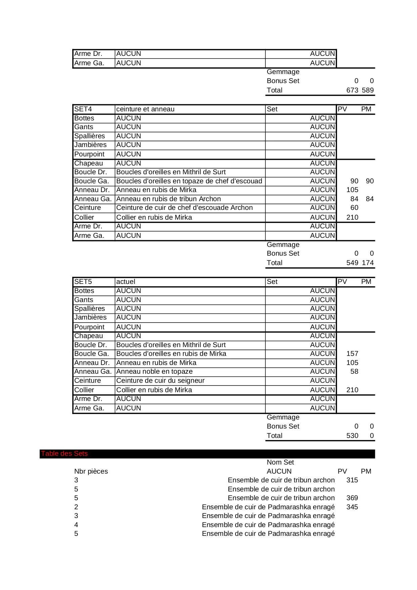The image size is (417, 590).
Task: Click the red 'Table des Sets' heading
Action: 64,454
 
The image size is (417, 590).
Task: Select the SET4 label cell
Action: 83,109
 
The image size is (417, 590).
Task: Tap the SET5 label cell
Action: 83,282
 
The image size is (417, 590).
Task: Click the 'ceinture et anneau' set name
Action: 145,109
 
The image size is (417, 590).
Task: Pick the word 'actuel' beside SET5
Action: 126,282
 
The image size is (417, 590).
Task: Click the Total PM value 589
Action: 368,90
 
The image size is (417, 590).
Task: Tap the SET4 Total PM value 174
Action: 368,263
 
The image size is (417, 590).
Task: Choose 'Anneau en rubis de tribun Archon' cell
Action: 168,199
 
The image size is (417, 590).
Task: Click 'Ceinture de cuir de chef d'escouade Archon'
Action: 184,208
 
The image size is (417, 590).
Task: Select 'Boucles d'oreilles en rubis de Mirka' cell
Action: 171,354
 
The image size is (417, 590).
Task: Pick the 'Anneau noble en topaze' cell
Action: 154,372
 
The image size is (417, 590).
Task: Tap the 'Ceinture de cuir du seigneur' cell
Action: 160,381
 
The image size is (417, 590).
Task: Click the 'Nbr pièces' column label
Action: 91,472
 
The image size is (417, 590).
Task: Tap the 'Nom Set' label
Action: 280,463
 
